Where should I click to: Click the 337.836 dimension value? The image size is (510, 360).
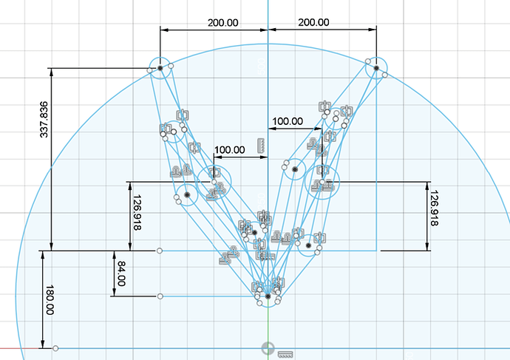pyautogui.click(x=44, y=120)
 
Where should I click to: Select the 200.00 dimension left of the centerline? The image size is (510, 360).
pyautogui.click(x=222, y=23)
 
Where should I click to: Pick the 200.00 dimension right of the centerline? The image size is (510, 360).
pyautogui.click(x=313, y=22)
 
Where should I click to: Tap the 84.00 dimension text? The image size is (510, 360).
pyautogui.click(x=121, y=274)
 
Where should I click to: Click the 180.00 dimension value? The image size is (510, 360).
pyautogui.click(x=50, y=300)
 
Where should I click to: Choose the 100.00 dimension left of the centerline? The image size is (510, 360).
pyautogui.click(x=230, y=149)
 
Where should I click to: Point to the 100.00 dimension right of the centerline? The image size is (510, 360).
pyautogui.click(x=288, y=121)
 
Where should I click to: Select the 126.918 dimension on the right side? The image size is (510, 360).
pyautogui.click(x=434, y=208)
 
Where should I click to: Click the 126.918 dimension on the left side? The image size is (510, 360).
pyautogui.click(x=137, y=212)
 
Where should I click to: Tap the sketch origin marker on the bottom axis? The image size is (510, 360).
pyautogui.click(x=268, y=348)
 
